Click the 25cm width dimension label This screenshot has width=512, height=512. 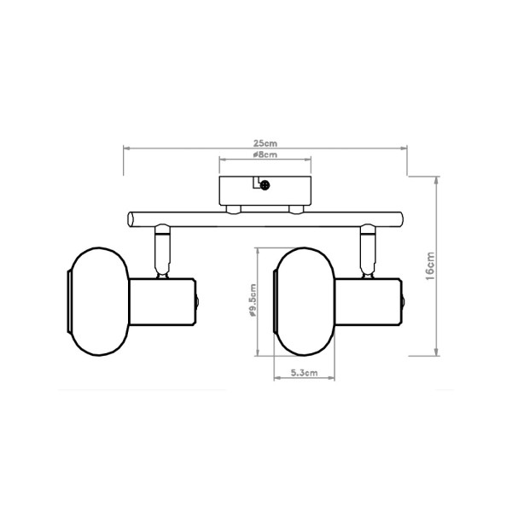[x=266, y=142]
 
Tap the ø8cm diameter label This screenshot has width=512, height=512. [x=265, y=155]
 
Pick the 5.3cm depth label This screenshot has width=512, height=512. [x=304, y=373]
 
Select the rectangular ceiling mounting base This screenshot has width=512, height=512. [x=265, y=190]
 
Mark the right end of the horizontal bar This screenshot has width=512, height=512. [x=399, y=218]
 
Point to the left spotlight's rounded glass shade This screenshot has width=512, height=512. [x=98, y=302]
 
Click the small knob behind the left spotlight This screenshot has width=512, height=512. [x=197, y=303]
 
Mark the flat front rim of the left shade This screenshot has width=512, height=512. [x=70, y=302]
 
